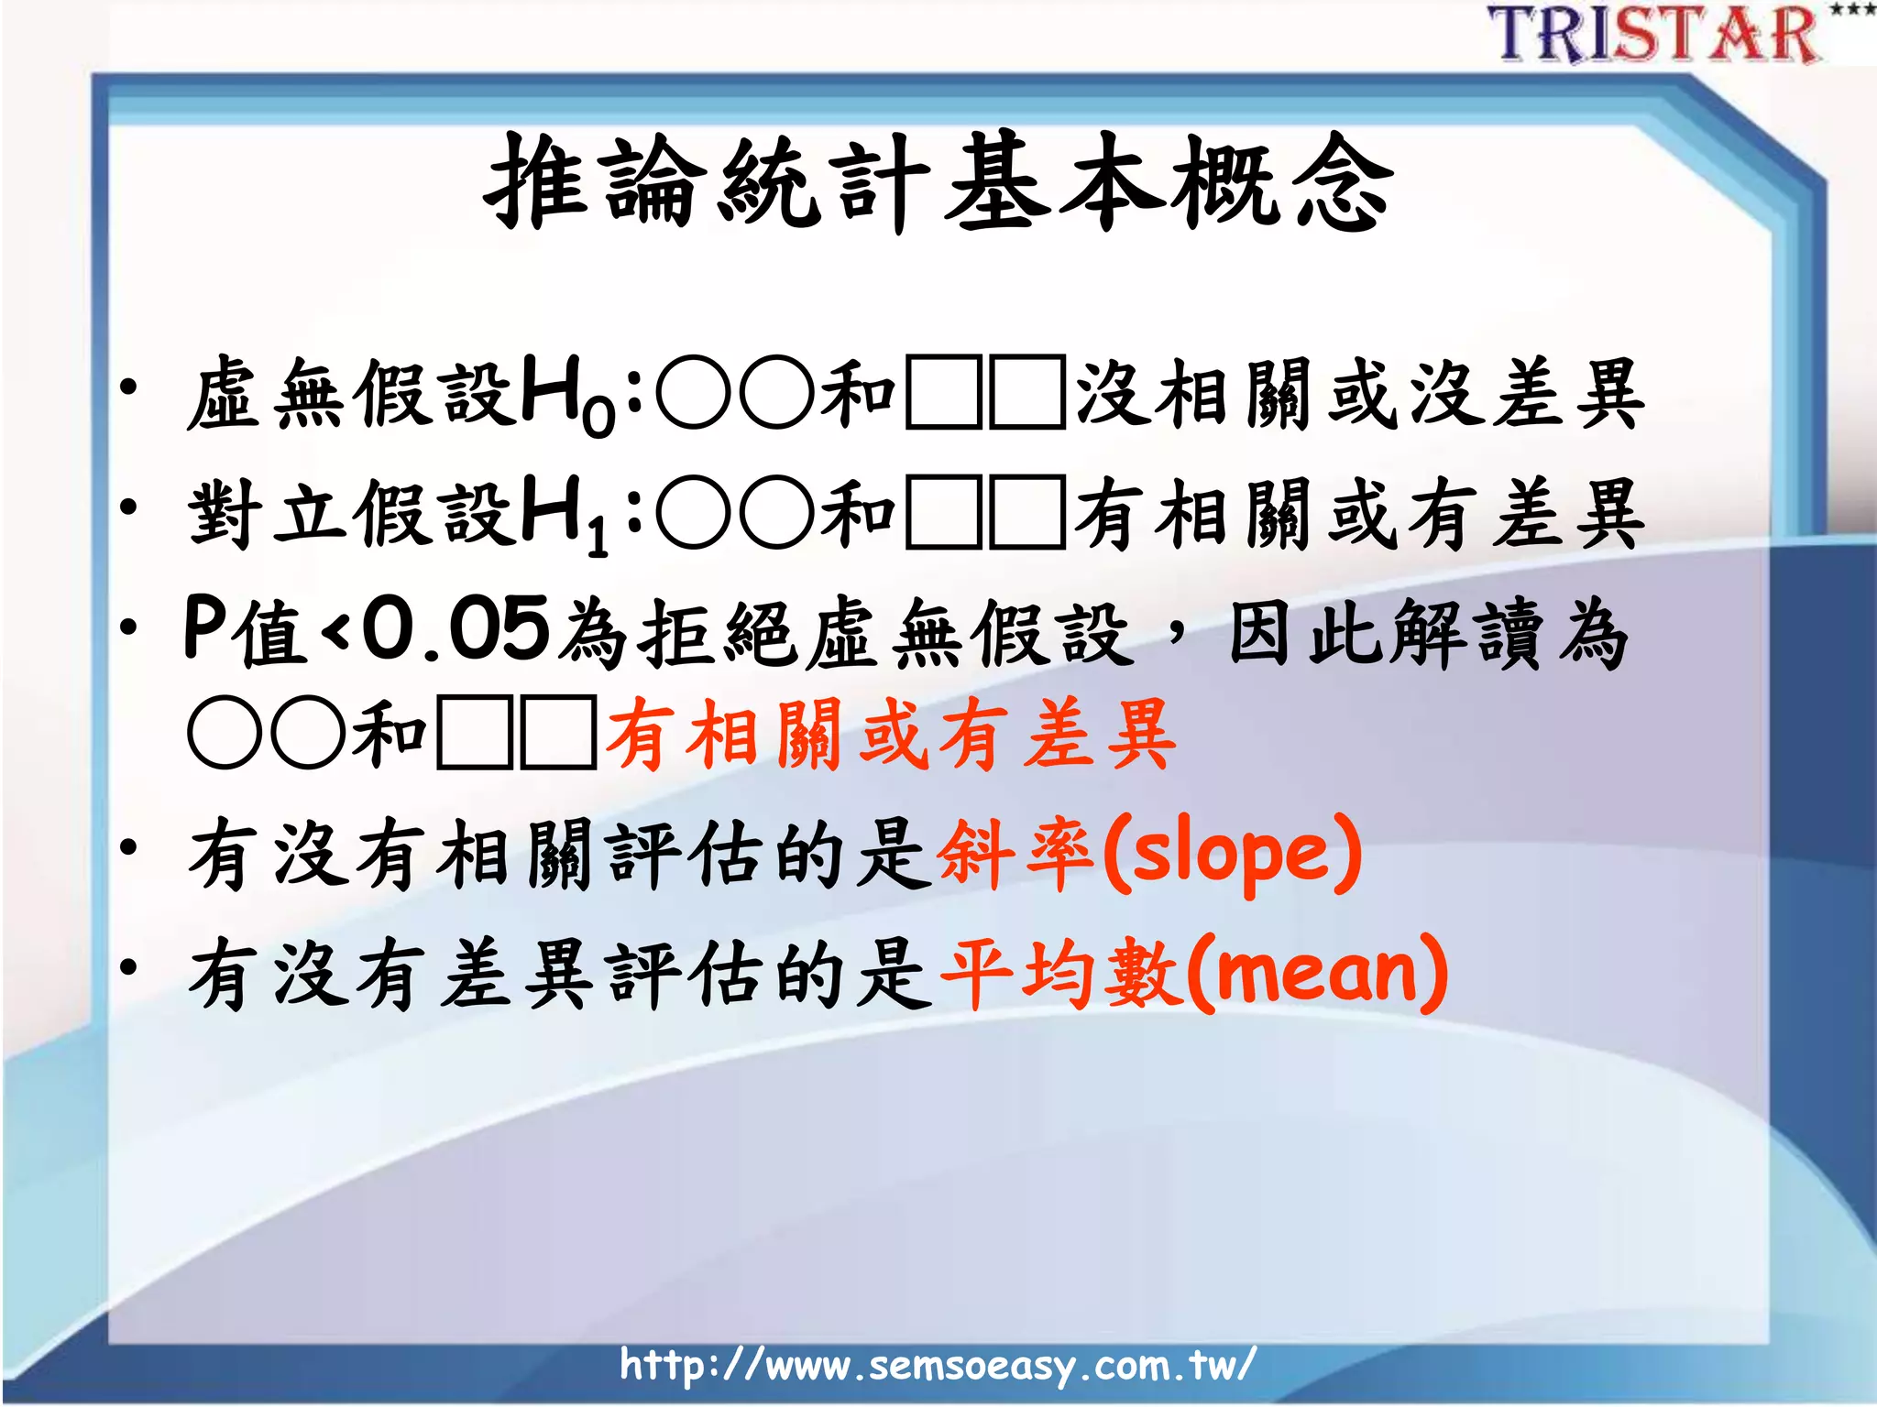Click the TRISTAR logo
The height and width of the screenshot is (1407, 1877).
coord(1654,35)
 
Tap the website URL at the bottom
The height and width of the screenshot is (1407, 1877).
coord(937,1365)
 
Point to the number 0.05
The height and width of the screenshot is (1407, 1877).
coord(456,630)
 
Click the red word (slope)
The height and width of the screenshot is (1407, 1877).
coord(1232,855)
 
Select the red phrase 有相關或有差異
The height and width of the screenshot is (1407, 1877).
coord(889,734)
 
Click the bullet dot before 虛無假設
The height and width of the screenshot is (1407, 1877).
coord(129,387)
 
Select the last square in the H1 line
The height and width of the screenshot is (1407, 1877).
coord(1027,514)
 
